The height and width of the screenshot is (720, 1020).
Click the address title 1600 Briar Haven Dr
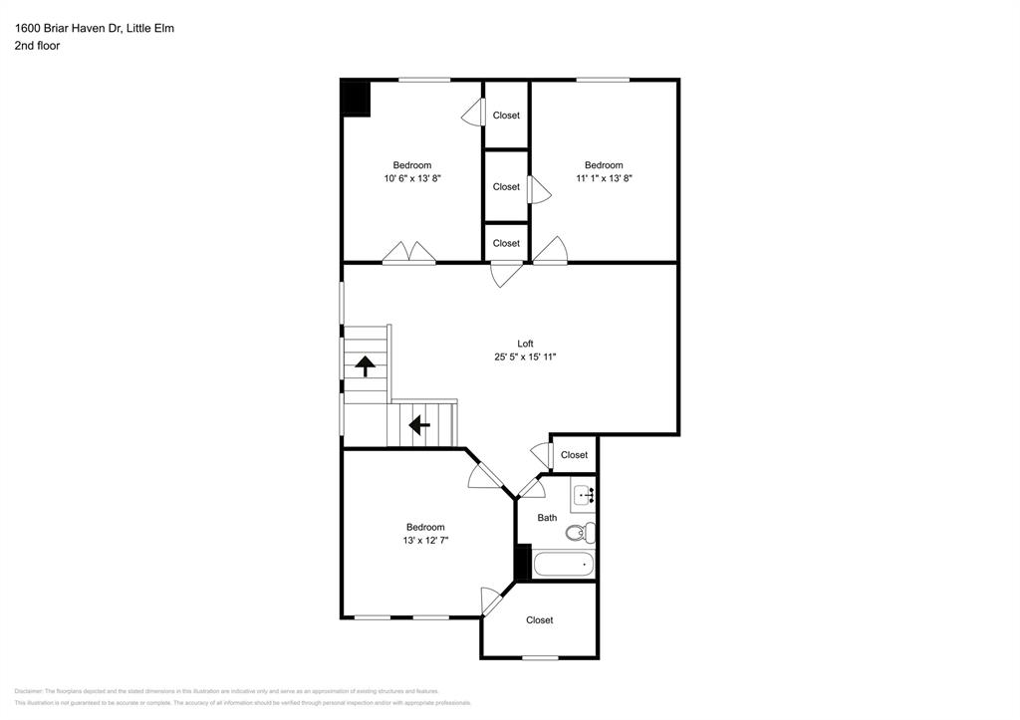click(x=94, y=28)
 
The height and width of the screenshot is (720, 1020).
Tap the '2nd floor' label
click(x=37, y=46)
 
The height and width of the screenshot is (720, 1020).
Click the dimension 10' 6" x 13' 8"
click(x=412, y=178)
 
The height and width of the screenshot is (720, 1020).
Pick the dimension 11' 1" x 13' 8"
click(x=604, y=178)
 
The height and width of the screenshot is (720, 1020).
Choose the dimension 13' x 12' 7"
click(x=425, y=540)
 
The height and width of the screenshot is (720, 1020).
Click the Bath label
click(x=547, y=518)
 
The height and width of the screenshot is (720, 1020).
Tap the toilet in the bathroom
click(x=580, y=532)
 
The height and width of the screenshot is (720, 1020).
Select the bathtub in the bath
click(x=564, y=564)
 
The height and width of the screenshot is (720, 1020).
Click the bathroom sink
click(x=584, y=494)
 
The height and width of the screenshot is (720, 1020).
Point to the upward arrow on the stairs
click(x=365, y=366)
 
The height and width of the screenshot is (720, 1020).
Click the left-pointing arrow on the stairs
click(x=419, y=425)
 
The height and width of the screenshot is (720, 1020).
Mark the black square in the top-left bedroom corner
click(x=356, y=99)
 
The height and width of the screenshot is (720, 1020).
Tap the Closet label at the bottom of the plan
click(x=539, y=620)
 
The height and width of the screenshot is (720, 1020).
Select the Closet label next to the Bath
click(x=574, y=455)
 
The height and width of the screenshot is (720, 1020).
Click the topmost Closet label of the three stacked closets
click(x=506, y=116)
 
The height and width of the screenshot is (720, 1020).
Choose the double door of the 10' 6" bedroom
click(x=409, y=255)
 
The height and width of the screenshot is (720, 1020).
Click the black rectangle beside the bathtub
click(x=520, y=563)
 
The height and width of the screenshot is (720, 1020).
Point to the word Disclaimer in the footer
click(x=30, y=691)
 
